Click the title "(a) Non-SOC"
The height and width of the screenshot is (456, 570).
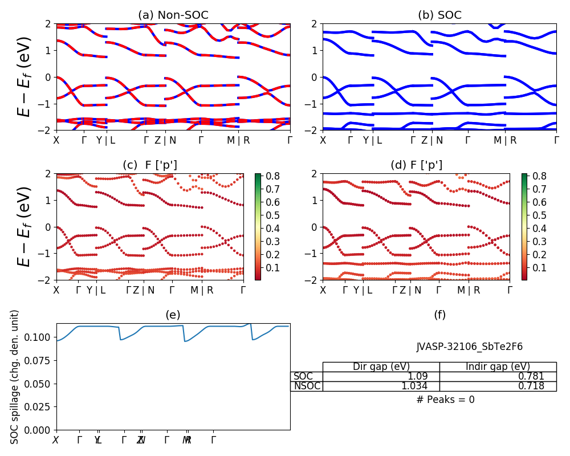173,15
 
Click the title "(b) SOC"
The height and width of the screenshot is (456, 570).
439,15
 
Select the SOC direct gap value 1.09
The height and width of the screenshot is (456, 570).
424,376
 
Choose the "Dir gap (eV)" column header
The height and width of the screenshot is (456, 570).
381,367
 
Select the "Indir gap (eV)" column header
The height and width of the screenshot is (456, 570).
498,367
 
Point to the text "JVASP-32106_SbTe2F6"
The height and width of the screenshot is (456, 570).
469,347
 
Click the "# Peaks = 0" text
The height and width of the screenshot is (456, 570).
445,400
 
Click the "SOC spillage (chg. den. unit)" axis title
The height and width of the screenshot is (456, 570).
15,377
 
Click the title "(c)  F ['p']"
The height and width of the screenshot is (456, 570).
150,165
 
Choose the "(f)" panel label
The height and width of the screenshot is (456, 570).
439,315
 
